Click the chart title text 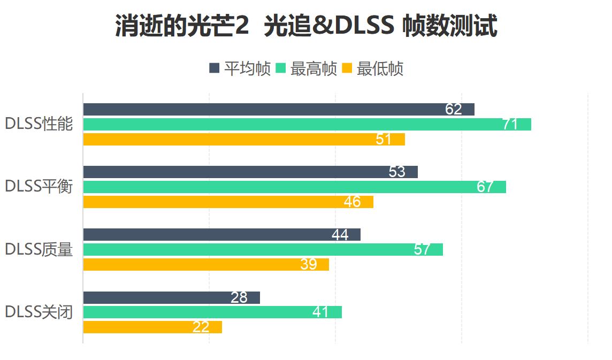click(x=306, y=27)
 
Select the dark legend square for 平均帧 click(x=214, y=68)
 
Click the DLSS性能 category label click(x=39, y=124)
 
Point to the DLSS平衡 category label click(x=39, y=187)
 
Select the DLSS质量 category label click(x=39, y=249)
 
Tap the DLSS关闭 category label click(x=39, y=312)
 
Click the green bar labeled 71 click(x=307, y=124)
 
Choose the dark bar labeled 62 click(x=278, y=109)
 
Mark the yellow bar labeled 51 click(x=243, y=139)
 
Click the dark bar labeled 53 click(x=250, y=172)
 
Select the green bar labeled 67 click(x=294, y=187)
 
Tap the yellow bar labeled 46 click(x=228, y=202)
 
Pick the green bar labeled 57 click(x=263, y=249)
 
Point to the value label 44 click(x=340, y=235)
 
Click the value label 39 click(x=309, y=264)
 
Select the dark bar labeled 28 click(x=171, y=297)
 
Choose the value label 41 click(x=320, y=312)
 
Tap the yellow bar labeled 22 click(x=152, y=327)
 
